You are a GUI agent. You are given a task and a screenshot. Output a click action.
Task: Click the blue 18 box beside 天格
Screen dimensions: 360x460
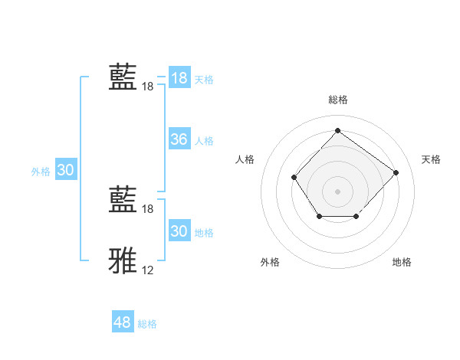click(179, 78)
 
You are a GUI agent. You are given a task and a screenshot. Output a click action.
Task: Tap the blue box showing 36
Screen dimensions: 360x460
click(179, 139)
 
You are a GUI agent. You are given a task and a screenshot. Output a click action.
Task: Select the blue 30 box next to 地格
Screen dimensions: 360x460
click(179, 231)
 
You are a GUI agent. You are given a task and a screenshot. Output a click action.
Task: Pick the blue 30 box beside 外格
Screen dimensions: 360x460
click(65, 170)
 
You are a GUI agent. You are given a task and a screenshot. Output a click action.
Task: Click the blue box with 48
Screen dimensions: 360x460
click(122, 322)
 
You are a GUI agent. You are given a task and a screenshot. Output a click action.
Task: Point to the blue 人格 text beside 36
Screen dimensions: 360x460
click(204, 141)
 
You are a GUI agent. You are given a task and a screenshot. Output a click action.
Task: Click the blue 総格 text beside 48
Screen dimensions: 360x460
click(147, 324)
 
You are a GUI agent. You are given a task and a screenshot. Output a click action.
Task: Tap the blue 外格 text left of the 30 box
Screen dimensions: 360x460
click(41, 172)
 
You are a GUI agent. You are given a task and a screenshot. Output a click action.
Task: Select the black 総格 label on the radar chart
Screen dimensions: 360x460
click(338, 100)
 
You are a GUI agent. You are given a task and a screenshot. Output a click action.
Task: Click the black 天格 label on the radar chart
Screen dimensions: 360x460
click(431, 159)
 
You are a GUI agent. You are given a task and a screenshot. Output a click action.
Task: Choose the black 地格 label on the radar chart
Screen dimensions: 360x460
click(402, 262)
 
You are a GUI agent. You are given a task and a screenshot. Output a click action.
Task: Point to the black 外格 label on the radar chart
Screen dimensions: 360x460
click(270, 262)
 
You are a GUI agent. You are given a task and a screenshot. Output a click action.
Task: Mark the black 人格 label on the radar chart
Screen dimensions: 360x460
click(245, 159)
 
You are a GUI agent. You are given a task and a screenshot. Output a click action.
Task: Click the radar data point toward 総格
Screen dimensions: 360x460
click(337, 130)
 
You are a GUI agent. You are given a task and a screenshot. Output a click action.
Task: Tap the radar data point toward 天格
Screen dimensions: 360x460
click(396, 172)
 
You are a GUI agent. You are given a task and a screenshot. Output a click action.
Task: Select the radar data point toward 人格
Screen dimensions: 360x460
click(294, 178)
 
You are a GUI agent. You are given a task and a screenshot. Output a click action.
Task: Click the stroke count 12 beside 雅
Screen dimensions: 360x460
click(148, 270)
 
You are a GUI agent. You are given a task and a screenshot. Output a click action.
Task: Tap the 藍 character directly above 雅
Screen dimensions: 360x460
click(123, 199)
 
